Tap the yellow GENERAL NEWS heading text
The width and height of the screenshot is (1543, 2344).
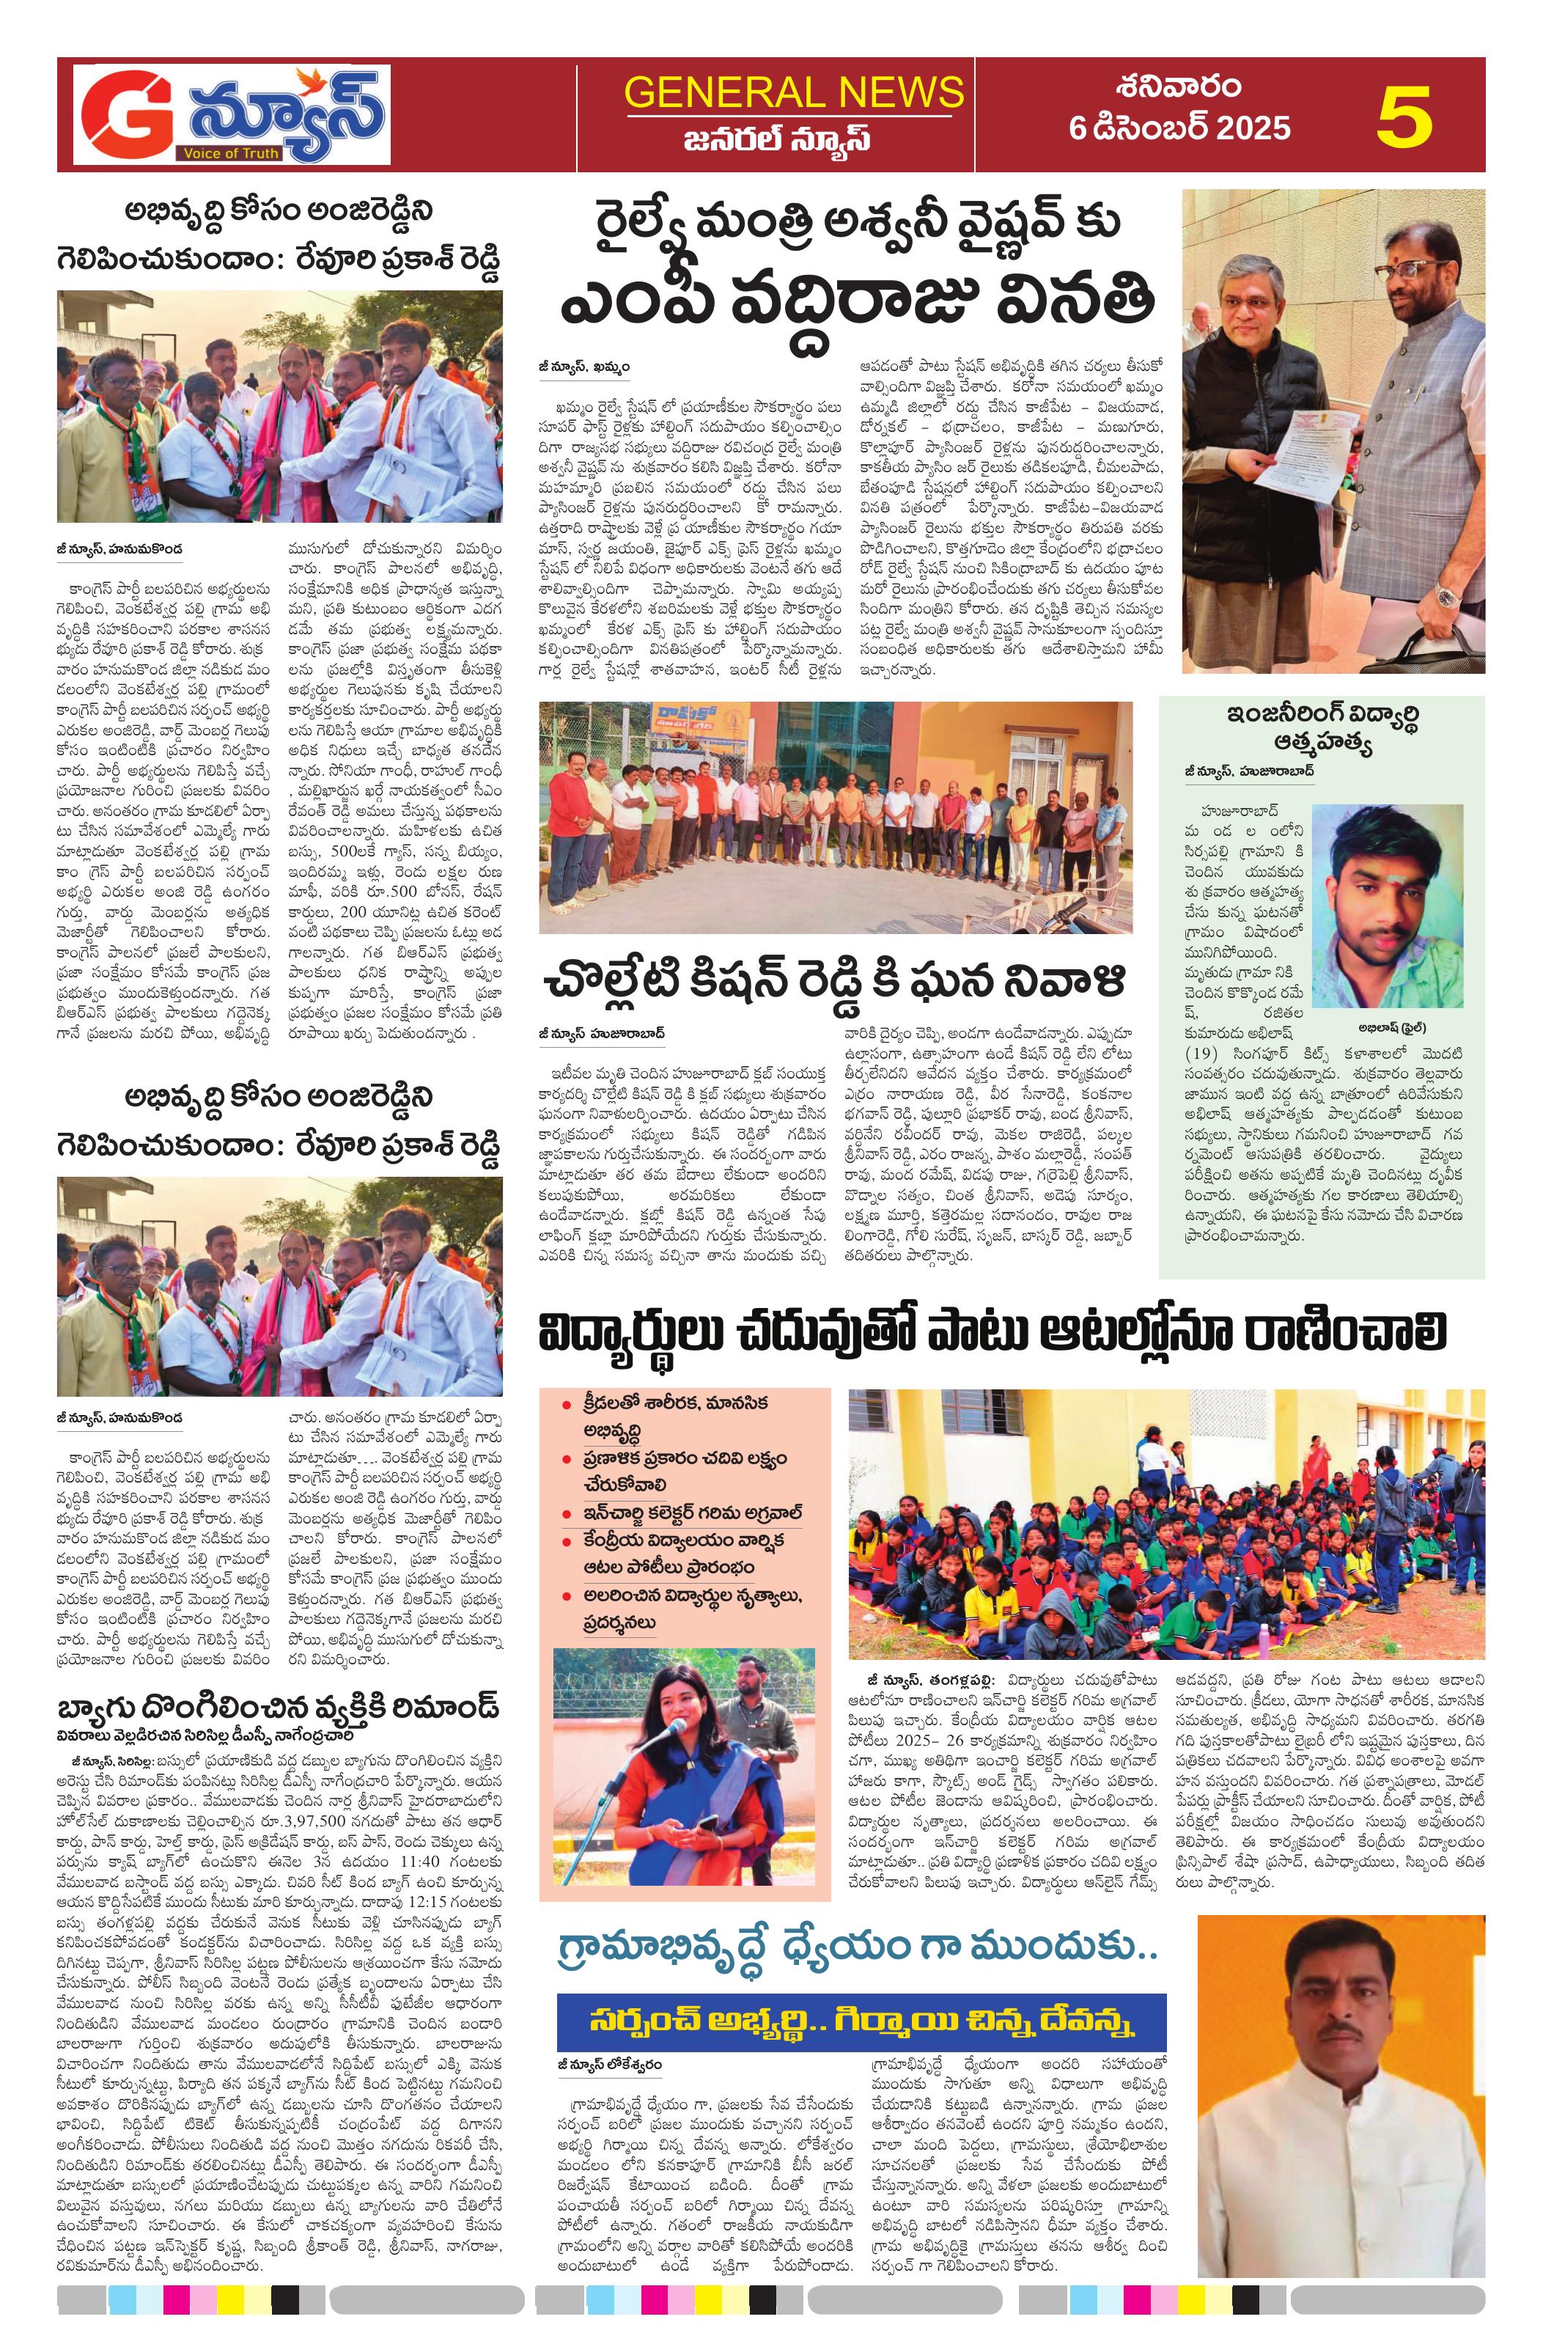[x=794, y=92]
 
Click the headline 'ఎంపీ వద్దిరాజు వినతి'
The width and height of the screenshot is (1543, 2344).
[x=857, y=305]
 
